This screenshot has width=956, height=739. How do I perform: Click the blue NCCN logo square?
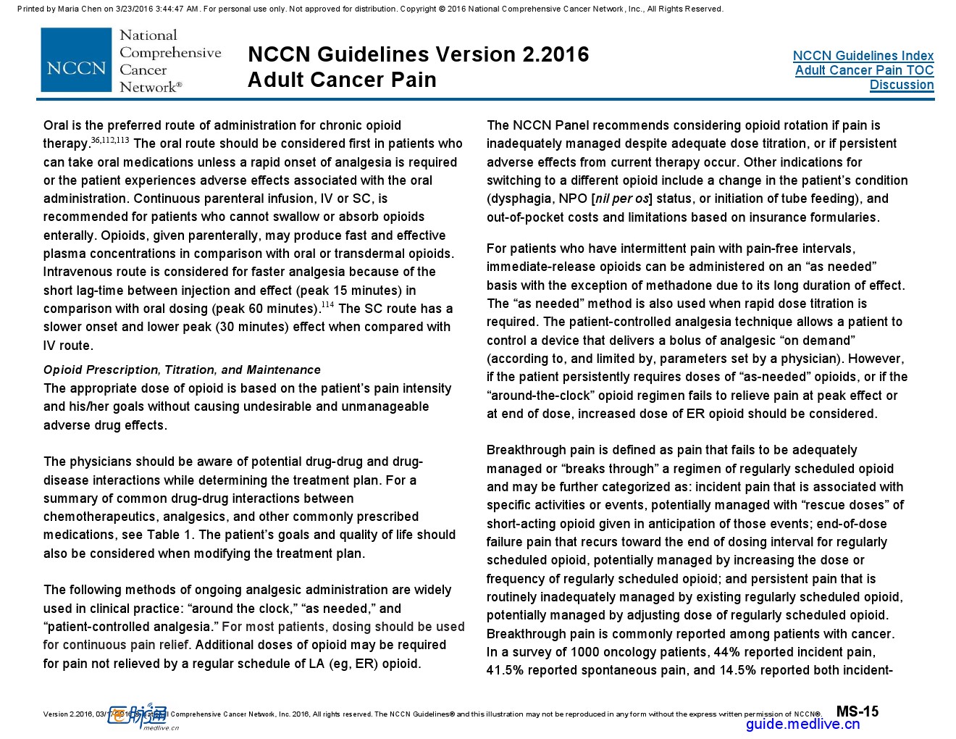pos(76,60)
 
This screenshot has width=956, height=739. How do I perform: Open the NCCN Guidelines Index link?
pos(863,56)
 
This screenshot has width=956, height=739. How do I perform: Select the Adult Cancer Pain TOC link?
pos(864,70)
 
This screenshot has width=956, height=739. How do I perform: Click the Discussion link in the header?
pos(901,85)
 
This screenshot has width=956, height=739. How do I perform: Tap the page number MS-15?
pos(857,711)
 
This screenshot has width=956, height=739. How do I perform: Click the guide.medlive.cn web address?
pos(802,724)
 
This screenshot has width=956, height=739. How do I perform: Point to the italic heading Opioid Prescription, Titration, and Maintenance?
pos(182,369)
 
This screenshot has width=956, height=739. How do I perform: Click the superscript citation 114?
pos(327,305)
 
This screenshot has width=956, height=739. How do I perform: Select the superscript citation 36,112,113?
pos(110,140)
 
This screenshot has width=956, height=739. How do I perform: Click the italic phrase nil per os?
pos(621,199)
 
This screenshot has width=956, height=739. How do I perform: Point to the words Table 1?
pos(169,535)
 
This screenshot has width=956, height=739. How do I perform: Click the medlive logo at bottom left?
pos(138,716)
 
